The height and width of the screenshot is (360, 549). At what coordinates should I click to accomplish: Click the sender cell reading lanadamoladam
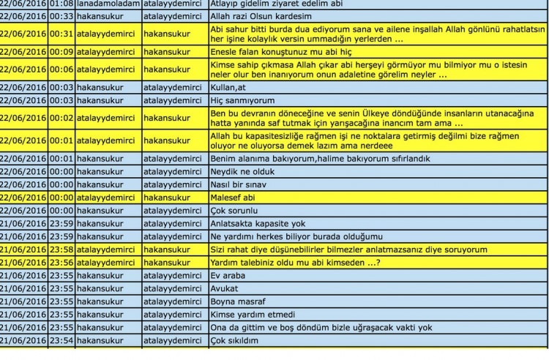click(108, 4)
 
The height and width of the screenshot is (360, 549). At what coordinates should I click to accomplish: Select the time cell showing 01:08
click(61, 4)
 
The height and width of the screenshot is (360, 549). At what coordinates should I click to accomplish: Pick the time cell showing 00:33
click(61, 16)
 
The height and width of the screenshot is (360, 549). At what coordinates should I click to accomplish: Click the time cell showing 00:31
click(61, 34)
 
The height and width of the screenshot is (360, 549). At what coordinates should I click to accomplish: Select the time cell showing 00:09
click(61, 52)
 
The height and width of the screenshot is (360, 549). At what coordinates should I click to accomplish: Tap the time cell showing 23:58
click(61, 250)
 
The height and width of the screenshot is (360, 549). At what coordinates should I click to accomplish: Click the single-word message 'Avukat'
click(224, 288)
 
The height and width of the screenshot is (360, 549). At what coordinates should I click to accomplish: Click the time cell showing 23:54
click(61, 340)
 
